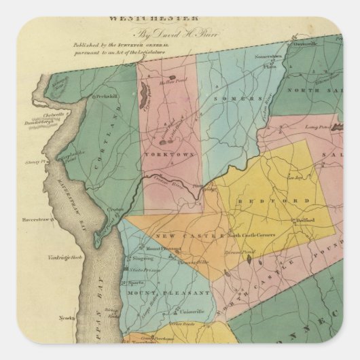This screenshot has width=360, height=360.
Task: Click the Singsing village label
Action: (143, 259)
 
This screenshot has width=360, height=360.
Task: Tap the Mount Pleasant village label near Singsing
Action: (153, 249)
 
